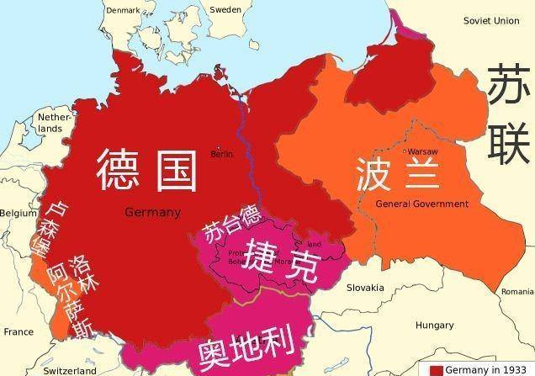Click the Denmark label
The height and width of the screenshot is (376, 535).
coord(124,9)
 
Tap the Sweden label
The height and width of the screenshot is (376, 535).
coord(225,9)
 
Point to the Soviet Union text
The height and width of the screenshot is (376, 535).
coord(491,20)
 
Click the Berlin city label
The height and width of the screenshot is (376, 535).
coord(222,154)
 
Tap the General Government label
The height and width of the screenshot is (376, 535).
coord(421,204)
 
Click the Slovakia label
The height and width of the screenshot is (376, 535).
coord(365,288)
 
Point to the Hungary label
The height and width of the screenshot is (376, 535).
coord(435,325)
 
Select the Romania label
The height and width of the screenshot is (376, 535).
coord(516,291)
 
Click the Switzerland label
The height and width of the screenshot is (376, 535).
coord(70,370)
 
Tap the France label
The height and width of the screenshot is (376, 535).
coord(19,331)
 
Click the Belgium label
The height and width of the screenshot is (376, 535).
coord(18,214)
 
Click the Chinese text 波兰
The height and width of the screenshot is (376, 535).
coord(399,174)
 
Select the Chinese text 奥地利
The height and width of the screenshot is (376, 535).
coord(245,347)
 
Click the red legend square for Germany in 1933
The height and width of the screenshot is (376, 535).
coord(436,370)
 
